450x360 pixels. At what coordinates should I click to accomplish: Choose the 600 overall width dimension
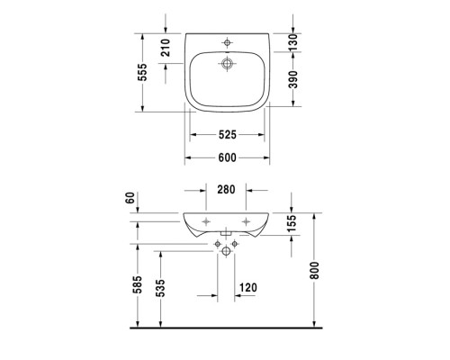pos(226,158)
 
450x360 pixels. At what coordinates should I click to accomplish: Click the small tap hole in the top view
pos(226,41)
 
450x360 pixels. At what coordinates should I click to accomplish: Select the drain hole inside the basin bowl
pos(226,63)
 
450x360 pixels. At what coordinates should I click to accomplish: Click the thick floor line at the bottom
pos(225,329)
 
